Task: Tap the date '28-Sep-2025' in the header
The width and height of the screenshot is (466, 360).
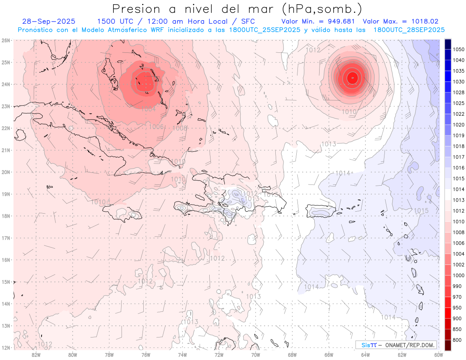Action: coord(49,21)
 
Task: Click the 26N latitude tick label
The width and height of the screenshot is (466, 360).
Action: coord(6,40)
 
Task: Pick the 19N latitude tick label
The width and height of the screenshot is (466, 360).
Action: coord(6,194)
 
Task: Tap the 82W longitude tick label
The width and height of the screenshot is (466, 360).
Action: coord(36,354)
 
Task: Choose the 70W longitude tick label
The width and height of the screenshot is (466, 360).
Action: coord(256,354)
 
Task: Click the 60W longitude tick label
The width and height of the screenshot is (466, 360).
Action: coord(439,354)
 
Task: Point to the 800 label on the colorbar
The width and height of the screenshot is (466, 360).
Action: coord(457,340)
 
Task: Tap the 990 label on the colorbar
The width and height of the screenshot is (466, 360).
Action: coord(457,286)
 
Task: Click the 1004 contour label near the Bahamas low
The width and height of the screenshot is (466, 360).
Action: coord(148,110)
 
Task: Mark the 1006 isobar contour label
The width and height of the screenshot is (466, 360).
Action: coord(156,127)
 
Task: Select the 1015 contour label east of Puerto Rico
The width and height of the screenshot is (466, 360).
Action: coord(421,211)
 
